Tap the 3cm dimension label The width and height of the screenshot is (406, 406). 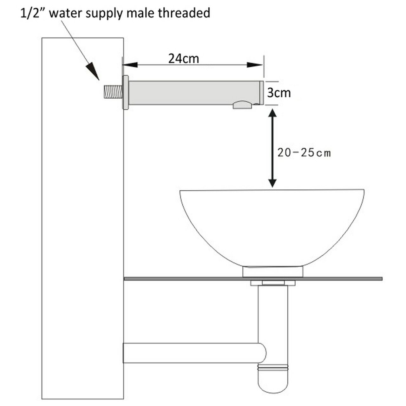[278, 93]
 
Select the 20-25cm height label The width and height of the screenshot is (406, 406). [304, 153]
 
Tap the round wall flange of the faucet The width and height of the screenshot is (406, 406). [126, 92]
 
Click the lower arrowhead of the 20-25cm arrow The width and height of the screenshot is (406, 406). [272, 183]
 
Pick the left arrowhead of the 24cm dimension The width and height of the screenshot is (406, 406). [130, 65]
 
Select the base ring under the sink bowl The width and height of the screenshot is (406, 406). [272, 272]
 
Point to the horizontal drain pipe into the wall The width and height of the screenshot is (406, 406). [190, 352]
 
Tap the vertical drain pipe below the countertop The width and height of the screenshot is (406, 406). [272, 311]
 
